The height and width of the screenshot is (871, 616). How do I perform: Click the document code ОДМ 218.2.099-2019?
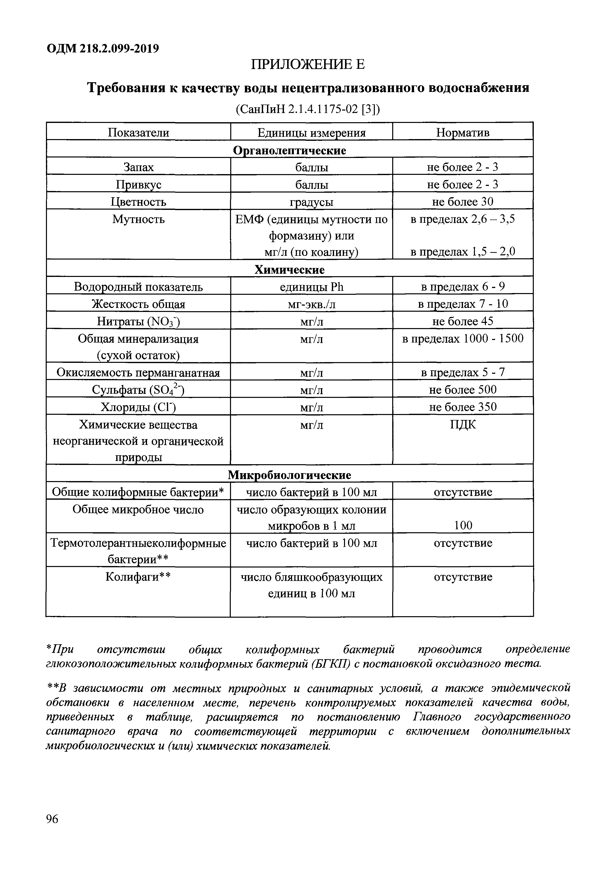[102, 49]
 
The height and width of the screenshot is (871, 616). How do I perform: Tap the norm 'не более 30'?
[462, 201]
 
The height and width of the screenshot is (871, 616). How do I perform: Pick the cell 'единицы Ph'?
[311, 287]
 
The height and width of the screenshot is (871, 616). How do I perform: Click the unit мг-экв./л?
[311, 304]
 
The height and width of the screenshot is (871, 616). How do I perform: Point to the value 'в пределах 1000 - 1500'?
[462, 338]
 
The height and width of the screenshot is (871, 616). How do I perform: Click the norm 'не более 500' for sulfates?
[462, 390]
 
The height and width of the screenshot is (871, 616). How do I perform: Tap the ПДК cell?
[462, 424]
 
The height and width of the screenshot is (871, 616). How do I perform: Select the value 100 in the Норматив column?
[463, 526]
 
